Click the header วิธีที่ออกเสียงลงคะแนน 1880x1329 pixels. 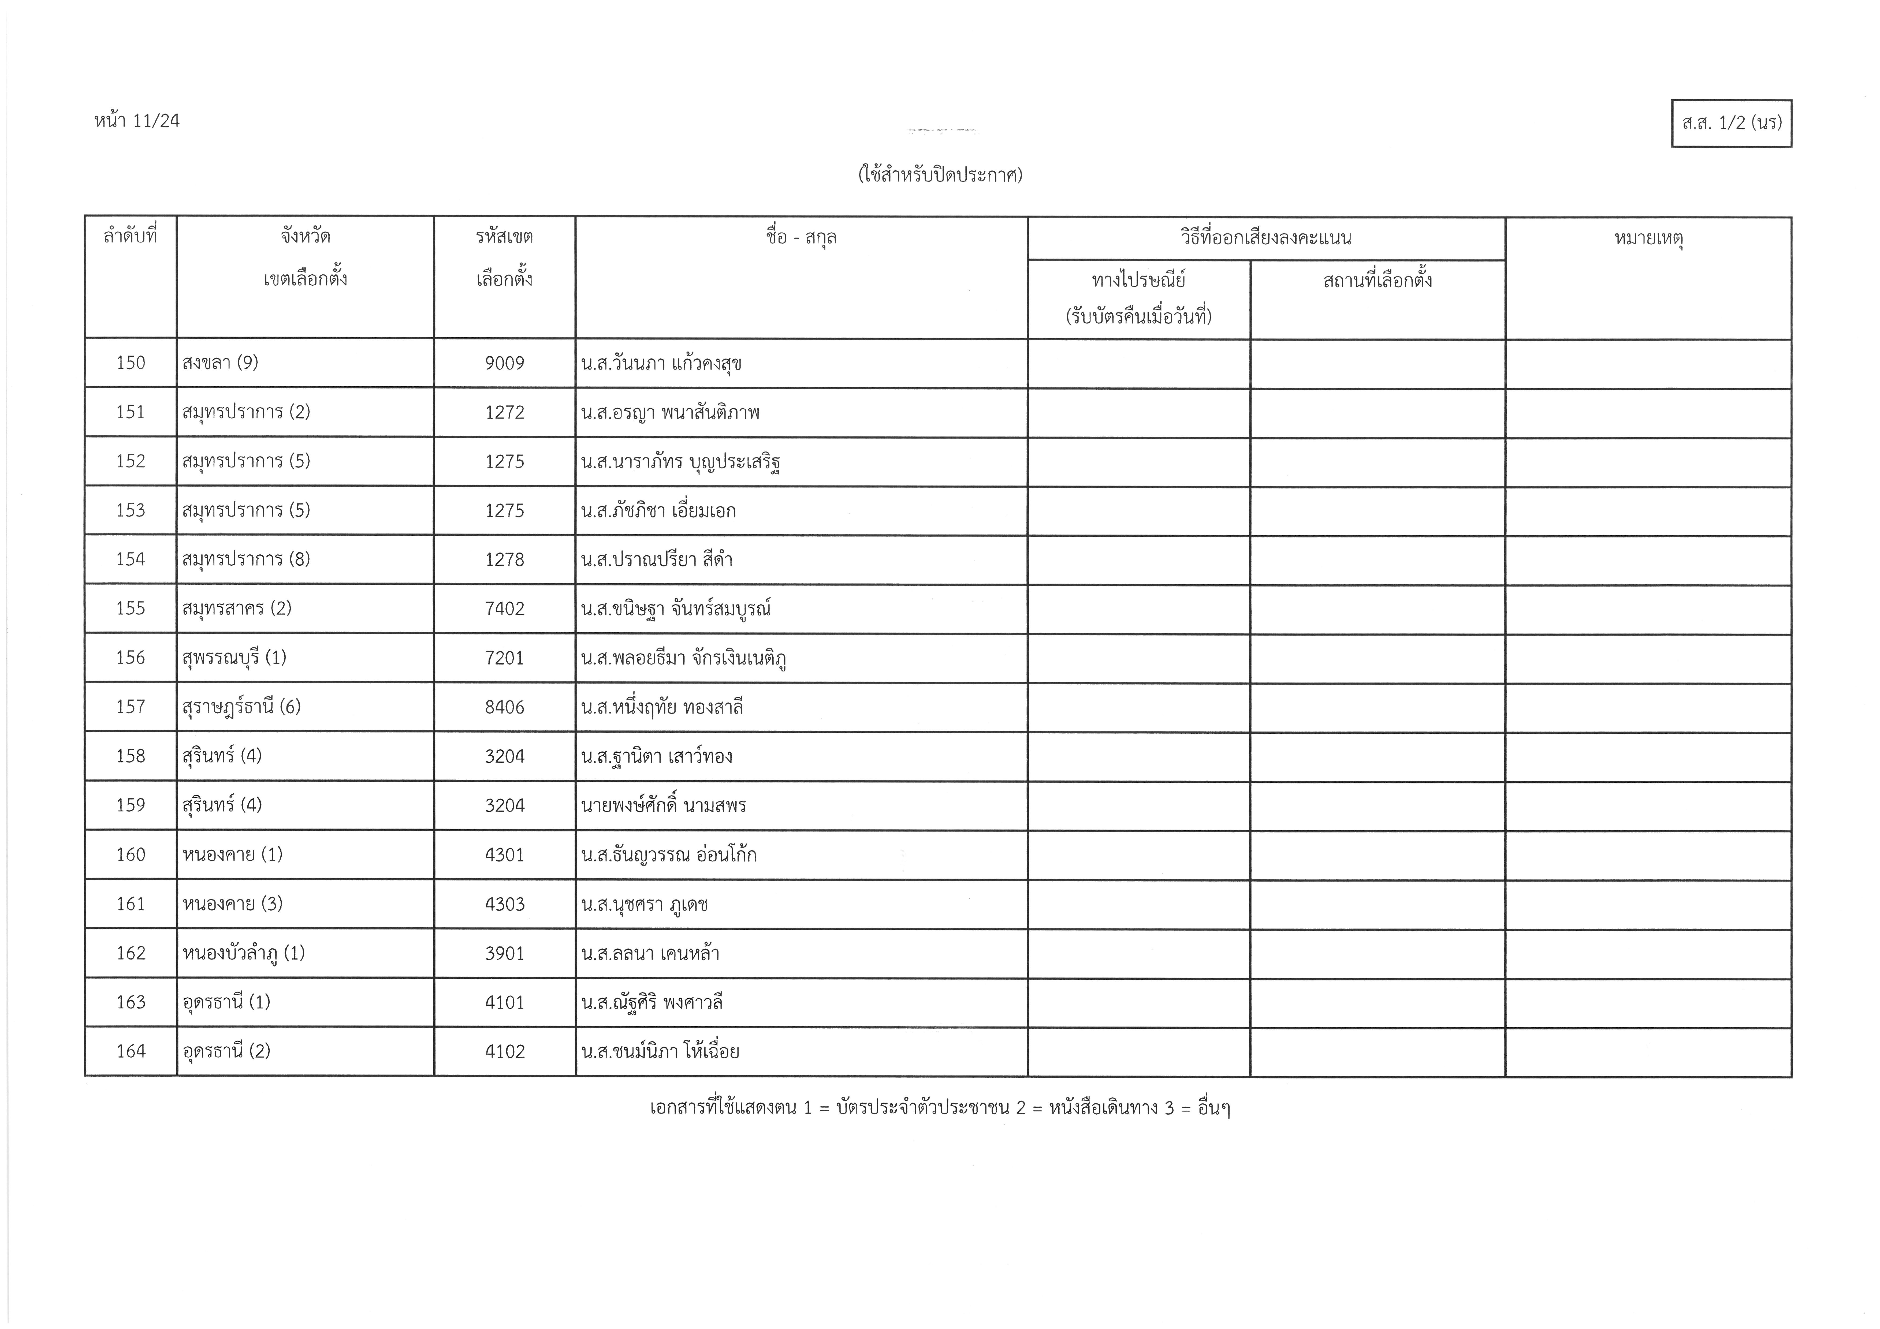pos(1266,238)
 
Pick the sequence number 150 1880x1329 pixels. pos(131,363)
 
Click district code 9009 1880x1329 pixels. pos(504,363)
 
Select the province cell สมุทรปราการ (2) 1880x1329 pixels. pos(246,412)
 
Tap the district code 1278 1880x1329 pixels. pos(504,559)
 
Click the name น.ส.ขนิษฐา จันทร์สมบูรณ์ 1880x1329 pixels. pos(676,608)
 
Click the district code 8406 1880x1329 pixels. pos(504,707)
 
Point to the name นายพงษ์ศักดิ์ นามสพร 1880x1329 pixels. pos(663,805)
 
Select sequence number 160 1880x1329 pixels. pos(131,854)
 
